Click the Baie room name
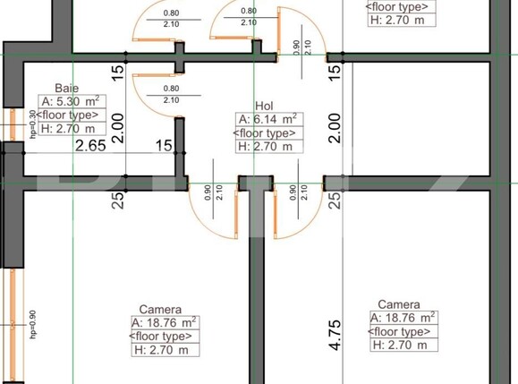point(66,88)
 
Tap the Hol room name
point(264,105)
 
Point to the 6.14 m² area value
point(267,118)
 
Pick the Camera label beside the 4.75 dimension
point(399,305)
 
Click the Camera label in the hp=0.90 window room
point(161,310)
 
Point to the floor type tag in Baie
point(69,115)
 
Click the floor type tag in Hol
point(267,132)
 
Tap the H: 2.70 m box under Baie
point(69,128)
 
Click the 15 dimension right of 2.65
point(164,145)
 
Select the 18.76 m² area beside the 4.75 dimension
point(403,318)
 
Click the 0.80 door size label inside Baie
point(173,89)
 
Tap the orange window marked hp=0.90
point(13,300)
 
